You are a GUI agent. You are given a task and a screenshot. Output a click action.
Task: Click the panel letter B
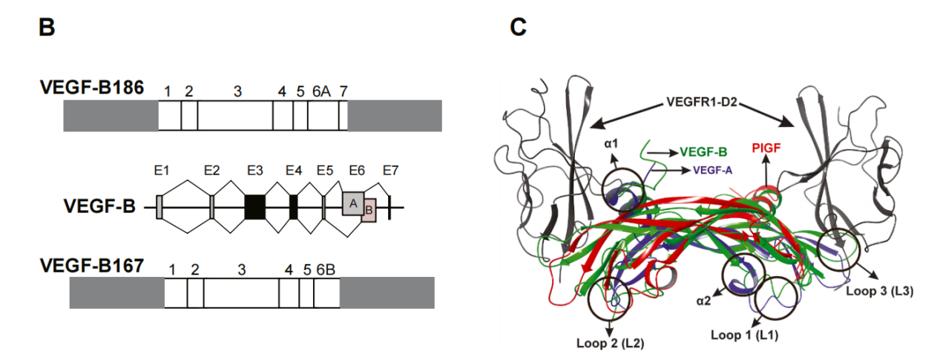coord(47,28)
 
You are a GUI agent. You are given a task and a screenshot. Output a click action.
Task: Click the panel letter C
coord(519,28)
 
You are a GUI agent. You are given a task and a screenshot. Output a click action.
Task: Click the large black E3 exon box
coord(255,206)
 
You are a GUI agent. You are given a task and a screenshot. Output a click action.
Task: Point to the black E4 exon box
coord(294,206)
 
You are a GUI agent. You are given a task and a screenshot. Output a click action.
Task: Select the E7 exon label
coord(391,171)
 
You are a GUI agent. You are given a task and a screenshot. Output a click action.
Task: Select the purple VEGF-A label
coord(713,169)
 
